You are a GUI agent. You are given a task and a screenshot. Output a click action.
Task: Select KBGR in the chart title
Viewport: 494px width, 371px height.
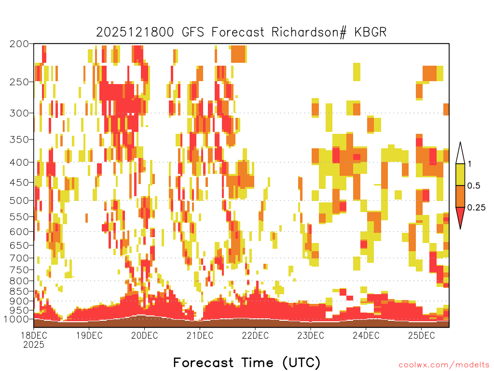tap(370, 32)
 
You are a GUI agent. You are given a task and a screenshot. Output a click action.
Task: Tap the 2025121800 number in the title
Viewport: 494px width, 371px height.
tap(135, 32)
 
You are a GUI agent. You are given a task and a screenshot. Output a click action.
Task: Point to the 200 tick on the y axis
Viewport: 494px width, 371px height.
tap(19, 44)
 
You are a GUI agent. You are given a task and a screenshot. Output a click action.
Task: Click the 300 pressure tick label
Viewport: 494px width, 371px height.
tap(19, 113)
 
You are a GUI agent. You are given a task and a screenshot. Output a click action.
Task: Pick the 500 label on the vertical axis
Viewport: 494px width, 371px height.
tap(19, 200)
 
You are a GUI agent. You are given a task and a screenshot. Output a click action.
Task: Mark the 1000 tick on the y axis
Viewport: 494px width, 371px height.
tap(16, 319)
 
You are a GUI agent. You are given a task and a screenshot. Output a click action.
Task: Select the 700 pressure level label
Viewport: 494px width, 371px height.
tap(19, 258)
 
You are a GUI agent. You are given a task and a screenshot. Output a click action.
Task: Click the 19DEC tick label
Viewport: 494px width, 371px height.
tap(89, 335)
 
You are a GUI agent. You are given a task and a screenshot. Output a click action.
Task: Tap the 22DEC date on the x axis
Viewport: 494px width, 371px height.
tap(255, 335)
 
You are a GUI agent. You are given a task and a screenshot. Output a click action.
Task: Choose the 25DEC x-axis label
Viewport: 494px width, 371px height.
tap(421, 335)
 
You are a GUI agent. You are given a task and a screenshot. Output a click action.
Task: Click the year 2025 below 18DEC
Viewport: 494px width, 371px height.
tap(34, 345)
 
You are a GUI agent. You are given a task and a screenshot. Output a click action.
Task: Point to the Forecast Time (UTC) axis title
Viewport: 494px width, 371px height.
tap(247, 363)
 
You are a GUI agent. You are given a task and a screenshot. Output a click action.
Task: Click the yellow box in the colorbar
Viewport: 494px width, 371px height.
tap(460, 174)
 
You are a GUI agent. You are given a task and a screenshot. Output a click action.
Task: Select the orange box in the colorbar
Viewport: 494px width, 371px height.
tap(460, 196)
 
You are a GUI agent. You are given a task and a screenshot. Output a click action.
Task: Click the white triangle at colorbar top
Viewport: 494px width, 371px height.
tap(460, 155)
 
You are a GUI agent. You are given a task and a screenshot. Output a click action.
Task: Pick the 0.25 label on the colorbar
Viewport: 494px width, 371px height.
tap(476, 208)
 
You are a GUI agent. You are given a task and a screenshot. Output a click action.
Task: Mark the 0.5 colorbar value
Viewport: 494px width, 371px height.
tap(474, 186)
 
